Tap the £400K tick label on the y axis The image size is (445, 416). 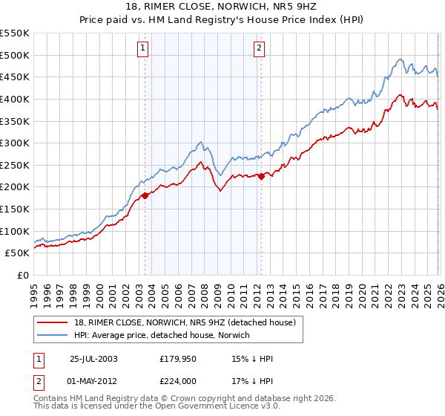(14, 99)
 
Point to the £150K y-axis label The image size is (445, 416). (14, 209)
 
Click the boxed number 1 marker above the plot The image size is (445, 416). (142, 49)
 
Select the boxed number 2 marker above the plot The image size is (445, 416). (259, 49)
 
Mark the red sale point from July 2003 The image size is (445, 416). (145, 195)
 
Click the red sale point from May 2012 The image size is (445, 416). (261, 176)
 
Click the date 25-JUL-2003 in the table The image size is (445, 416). (94, 358)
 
